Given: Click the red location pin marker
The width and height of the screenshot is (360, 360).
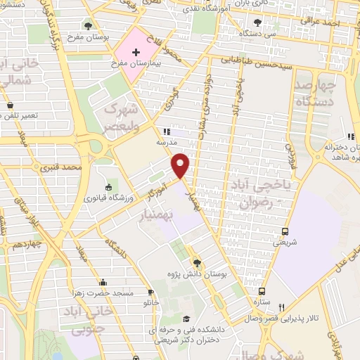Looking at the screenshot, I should tap(181, 165).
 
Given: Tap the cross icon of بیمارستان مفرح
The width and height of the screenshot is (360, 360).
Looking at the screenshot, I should tap(136, 53).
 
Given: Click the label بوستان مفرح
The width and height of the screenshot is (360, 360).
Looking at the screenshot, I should tap(87, 36).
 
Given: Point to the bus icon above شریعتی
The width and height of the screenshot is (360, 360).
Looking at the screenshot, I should tap(285, 231).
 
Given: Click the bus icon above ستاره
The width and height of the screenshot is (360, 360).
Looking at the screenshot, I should tap(262, 291).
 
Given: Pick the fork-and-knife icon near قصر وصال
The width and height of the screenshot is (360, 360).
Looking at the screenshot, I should tap(282, 307).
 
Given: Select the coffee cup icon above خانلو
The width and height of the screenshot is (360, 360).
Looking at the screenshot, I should tap(150, 292).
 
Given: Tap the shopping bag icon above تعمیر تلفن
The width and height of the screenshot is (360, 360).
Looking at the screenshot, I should tap(11, 105).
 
